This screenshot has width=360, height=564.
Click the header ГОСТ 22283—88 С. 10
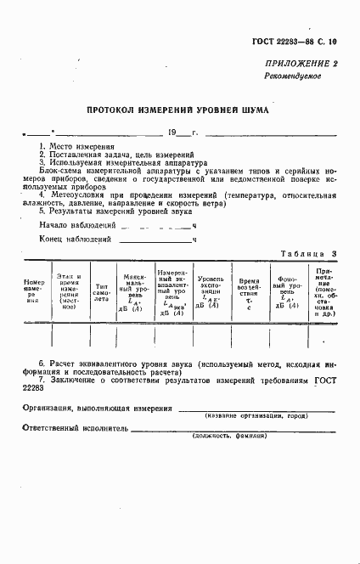click(294, 41)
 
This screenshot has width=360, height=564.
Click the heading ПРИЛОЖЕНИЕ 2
click(301, 64)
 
